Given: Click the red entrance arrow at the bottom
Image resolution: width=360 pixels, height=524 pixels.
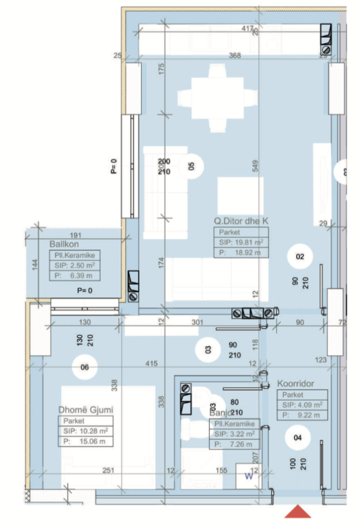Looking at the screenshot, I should tap(298, 512).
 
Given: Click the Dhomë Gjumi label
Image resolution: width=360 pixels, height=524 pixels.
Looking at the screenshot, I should tap(86, 409).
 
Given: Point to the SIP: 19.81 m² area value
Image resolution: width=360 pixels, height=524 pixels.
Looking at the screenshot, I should tap(241, 242).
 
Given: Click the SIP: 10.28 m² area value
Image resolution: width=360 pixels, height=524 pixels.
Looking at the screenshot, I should tap(86, 431).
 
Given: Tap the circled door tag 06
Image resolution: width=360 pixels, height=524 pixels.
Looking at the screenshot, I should tap(85, 366).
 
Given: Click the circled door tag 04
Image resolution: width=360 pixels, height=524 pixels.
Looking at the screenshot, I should tap(298, 437).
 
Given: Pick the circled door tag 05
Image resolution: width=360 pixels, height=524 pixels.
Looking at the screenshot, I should tap(192, 165).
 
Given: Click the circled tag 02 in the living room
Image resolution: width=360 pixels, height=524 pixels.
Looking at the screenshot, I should tap(300, 257).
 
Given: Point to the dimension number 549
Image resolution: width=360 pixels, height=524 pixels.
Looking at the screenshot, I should tap(255, 165).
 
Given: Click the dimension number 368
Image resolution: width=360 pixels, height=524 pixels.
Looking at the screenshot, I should tap(236, 56).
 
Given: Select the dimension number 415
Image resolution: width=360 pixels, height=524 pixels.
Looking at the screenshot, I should tap(151, 363).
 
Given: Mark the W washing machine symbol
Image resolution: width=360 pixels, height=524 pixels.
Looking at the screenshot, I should tap(248, 476).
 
